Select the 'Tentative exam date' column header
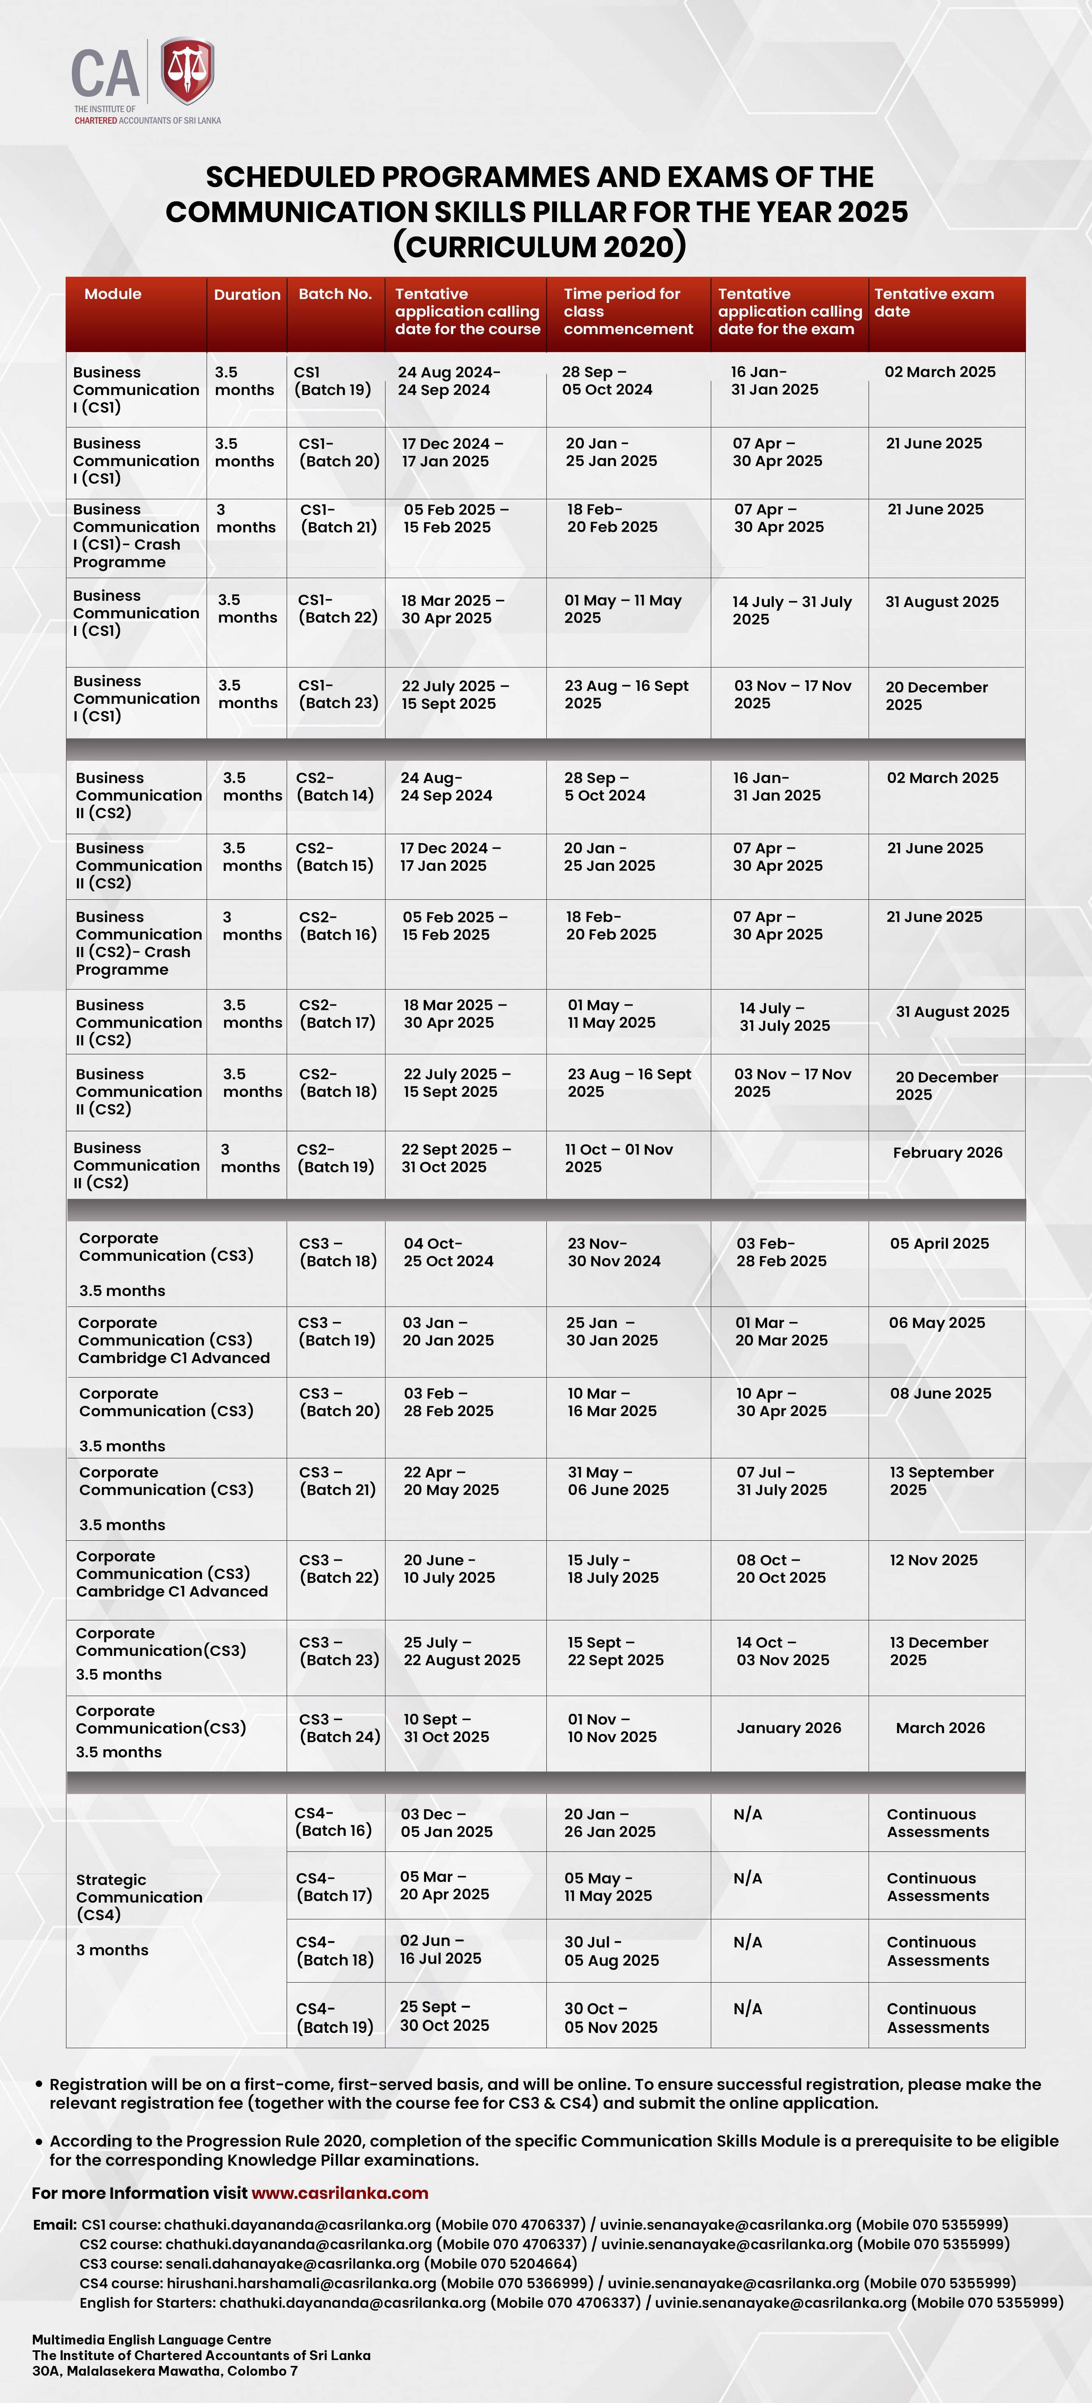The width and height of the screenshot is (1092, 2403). tap(933, 302)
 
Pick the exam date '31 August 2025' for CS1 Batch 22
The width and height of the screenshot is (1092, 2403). tap(942, 602)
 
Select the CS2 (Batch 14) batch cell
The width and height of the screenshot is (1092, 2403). tap(334, 787)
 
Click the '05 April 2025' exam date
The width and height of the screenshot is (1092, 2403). tap(939, 1244)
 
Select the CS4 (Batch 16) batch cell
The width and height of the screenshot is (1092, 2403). tap(333, 1822)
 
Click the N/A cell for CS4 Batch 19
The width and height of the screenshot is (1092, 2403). tap(748, 2008)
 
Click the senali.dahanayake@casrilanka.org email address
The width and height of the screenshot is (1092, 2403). tap(292, 2264)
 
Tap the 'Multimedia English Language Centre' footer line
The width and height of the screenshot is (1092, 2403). tap(151, 2339)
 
